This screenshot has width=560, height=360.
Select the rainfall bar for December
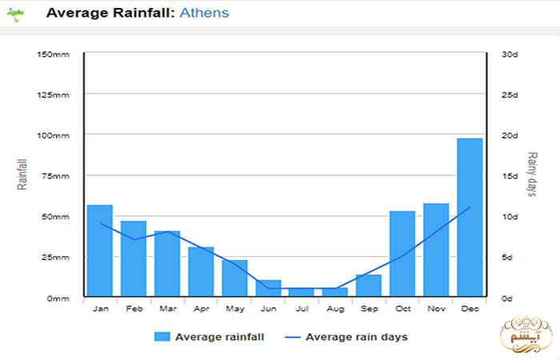[x=470, y=217]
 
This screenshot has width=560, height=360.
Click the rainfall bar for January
[x=100, y=250]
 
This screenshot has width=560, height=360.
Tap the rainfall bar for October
[x=402, y=254]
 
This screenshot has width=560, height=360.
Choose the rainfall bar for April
[x=201, y=272]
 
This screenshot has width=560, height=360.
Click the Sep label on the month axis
[x=369, y=308]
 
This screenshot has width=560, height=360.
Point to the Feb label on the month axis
[x=134, y=308]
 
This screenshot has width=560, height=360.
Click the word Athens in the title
[x=204, y=13]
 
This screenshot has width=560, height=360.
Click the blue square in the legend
[x=162, y=337]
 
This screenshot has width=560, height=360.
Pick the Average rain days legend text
[x=356, y=337]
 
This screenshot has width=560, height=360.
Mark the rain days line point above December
[x=470, y=207]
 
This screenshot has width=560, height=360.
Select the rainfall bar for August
[x=335, y=292]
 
